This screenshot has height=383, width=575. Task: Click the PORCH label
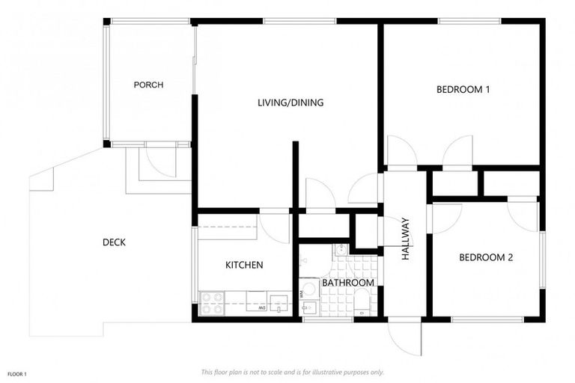[x=148, y=85]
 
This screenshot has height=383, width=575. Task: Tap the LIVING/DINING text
[x=290, y=102]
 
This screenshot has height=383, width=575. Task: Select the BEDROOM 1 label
[x=463, y=90]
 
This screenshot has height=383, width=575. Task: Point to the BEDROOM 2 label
[x=485, y=257]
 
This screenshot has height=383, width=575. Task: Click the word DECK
[x=114, y=242]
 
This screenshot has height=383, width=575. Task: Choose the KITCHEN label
[x=244, y=265]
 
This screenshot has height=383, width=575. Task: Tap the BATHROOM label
[x=347, y=283]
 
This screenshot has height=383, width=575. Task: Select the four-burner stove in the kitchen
[x=212, y=303]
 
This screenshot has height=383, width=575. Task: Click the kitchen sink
[x=279, y=304]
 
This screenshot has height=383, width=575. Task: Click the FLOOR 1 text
[x=18, y=373]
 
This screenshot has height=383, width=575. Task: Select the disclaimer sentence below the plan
[x=293, y=372]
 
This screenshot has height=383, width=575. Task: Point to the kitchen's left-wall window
[x=195, y=254]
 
